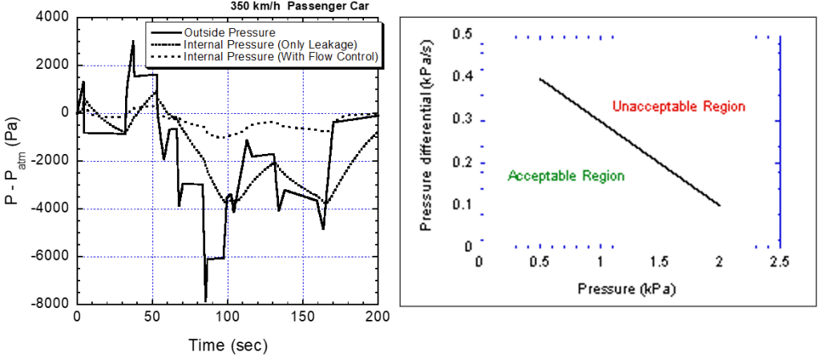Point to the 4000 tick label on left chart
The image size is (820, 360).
(x=50, y=18)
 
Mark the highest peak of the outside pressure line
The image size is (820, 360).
(x=133, y=41)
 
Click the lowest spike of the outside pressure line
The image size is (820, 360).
(x=206, y=300)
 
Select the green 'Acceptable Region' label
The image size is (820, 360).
(x=566, y=176)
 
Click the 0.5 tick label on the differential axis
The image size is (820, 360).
(x=460, y=34)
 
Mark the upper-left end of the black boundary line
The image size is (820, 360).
(x=539, y=79)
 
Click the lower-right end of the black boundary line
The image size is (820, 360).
(x=720, y=206)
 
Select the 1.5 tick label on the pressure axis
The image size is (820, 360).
(x=660, y=264)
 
